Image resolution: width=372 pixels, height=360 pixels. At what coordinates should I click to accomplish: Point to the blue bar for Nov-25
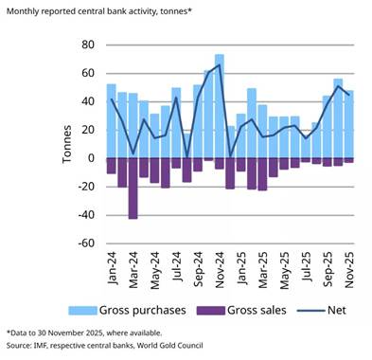pyautogui.click(x=348, y=123)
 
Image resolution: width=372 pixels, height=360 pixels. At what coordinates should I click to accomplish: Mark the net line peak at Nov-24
pyautogui.click(x=219, y=65)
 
